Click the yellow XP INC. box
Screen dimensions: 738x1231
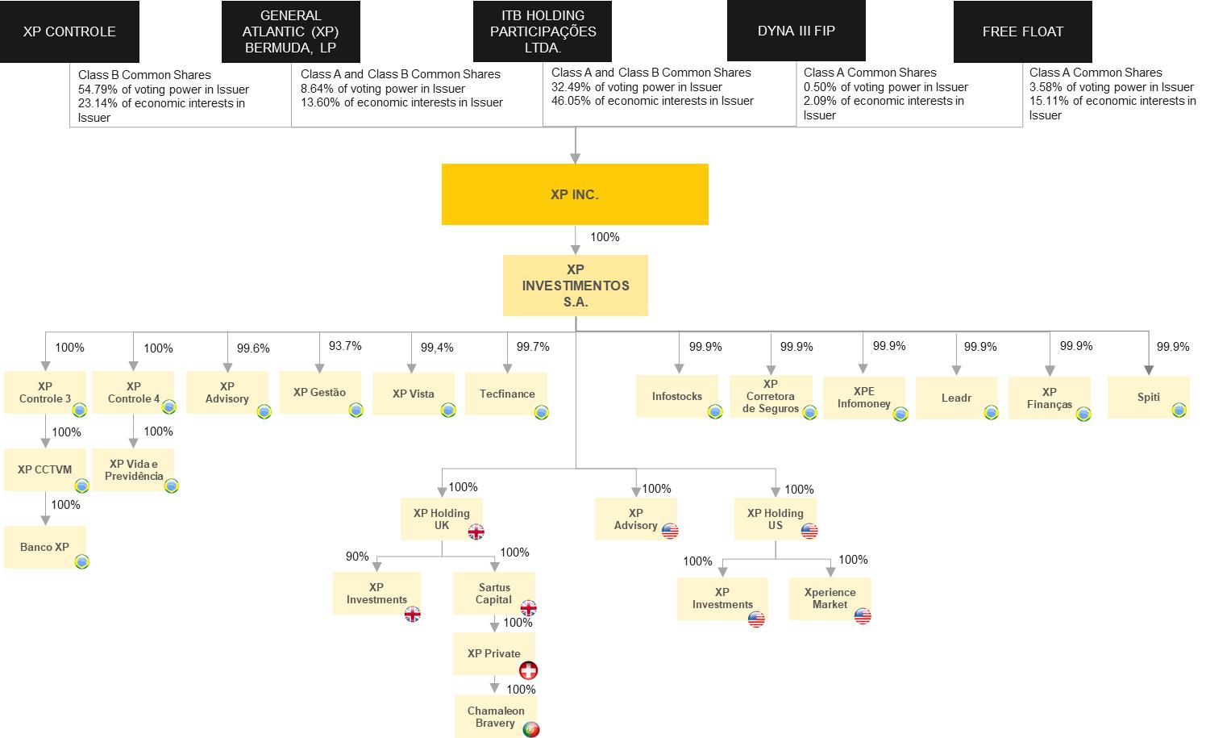pyautogui.click(x=574, y=194)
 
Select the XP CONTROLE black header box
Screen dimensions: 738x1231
pyautogui.click(x=69, y=31)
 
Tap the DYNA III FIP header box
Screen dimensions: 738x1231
pyautogui.click(x=796, y=31)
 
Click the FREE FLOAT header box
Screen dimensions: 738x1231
pyautogui.click(x=1022, y=31)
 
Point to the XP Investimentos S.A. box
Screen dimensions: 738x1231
pyautogui.click(x=575, y=286)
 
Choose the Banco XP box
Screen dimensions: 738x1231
pyautogui.click(x=44, y=547)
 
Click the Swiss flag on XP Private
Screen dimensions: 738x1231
pyautogui.click(x=528, y=670)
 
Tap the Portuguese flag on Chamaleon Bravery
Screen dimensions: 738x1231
pyautogui.click(x=530, y=729)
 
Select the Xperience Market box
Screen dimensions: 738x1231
pyautogui.click(x=830, y=598)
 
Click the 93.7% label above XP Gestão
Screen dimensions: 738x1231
pyautogui.click(x=345, y=346)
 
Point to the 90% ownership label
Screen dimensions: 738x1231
pyautogui.click(x=357, y=557)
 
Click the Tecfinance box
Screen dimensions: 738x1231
pyautogui.click(x=506, y=394)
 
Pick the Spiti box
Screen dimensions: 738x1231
pyautogui.click(x=1148, y=397)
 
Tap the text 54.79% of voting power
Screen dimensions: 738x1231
pyautogui.click(x=164, y=90)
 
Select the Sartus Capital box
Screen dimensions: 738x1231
pyautogui.click(x=493, y=594)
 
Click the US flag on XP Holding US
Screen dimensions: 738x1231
pyautogui.click(x=809, y=531)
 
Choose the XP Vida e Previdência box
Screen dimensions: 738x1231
pyautogui.click(x=133, y=469)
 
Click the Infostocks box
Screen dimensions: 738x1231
pyautogui.click(x=676, y=396)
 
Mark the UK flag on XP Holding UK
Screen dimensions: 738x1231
pyautogui.click(x=476, y=532)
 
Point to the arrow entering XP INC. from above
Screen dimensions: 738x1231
pyautogui.click(x=575, y=155)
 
